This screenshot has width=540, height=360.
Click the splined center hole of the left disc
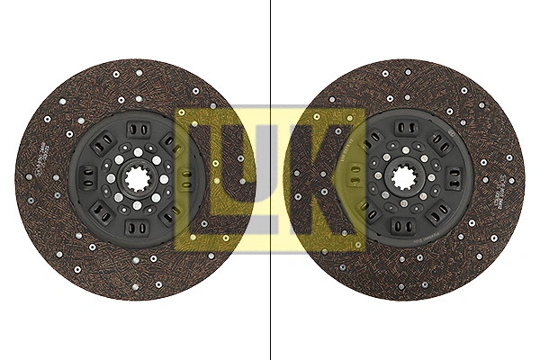pos(135,177)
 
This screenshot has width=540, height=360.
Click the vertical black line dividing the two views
pos(270,180)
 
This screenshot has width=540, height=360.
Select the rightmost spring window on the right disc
pos(446,177)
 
